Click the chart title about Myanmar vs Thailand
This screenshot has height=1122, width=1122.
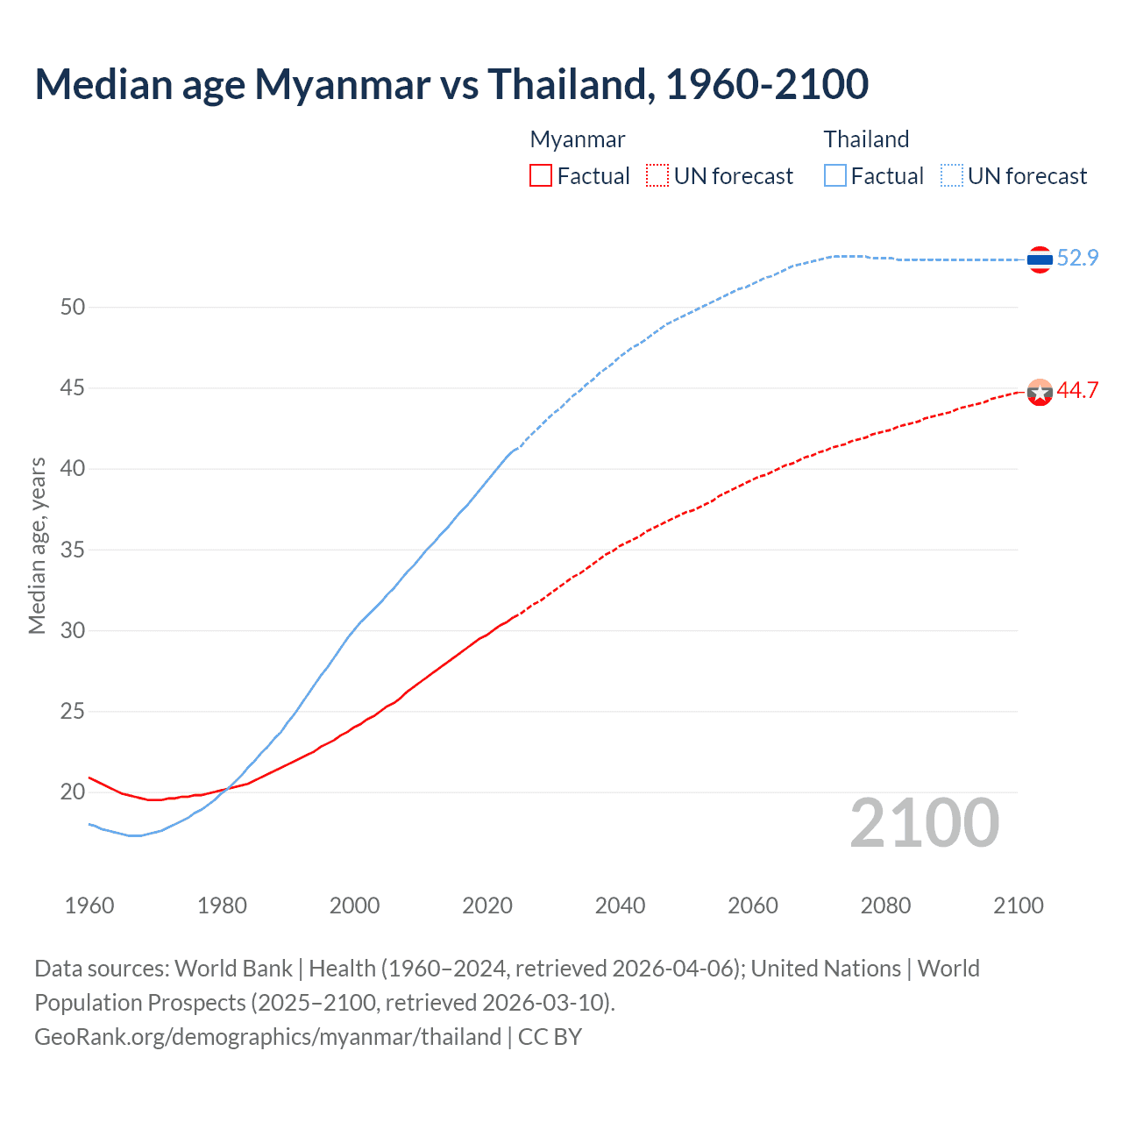[451, 84]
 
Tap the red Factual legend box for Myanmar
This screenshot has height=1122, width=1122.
[541, 175]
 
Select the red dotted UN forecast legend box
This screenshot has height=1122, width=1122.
[657, 175]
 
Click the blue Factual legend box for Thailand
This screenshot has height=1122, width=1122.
[835, 175]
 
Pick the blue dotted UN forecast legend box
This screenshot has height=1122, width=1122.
[952, 175]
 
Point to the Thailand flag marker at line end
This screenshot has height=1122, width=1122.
[1040, 259]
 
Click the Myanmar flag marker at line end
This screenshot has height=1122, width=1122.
[1040, 393]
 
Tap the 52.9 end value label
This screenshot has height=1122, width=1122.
[1077, 258]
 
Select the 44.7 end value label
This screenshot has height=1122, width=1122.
[1077, 391]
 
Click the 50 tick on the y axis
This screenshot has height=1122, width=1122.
[73, 307]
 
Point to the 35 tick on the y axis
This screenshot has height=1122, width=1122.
[73, 550]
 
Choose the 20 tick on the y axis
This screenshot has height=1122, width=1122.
[73, 792]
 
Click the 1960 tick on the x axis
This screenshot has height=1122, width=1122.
[89, 905]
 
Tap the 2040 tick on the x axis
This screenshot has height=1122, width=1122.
[620, 905]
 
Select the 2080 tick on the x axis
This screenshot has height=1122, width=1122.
[885, 905]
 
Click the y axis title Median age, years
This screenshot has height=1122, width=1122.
[37, 545]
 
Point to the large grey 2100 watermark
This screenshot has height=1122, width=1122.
[924, 822]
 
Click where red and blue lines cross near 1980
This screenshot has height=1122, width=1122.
[226, 788]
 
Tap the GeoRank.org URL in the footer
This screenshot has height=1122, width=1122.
[267, 1036]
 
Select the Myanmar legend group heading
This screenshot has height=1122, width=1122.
[578, 139]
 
